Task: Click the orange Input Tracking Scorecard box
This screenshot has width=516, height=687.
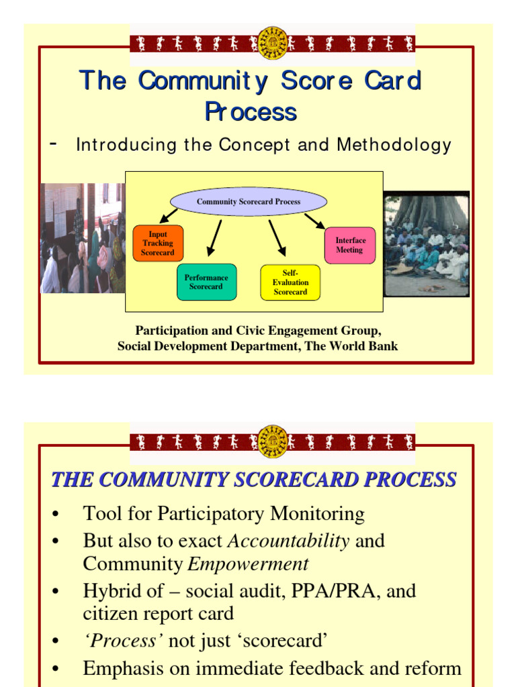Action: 158,244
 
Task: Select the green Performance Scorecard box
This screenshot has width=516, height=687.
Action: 206,282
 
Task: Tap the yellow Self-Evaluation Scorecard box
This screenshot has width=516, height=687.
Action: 290,282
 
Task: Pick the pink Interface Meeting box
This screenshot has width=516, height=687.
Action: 349,245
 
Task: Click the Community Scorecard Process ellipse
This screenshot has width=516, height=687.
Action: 249,201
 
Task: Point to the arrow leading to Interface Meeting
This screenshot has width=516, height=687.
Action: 314,221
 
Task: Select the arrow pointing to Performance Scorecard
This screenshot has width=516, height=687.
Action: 214,238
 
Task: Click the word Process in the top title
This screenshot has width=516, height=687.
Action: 251,112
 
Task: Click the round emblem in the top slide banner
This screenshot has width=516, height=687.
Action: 273,43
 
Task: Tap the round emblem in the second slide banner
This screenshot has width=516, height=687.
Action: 273,441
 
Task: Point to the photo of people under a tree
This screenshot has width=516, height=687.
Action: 426,244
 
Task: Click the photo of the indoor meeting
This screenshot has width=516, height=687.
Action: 83,238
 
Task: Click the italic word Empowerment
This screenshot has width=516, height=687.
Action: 248,564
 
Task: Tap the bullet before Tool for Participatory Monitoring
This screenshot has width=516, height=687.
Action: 56,515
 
